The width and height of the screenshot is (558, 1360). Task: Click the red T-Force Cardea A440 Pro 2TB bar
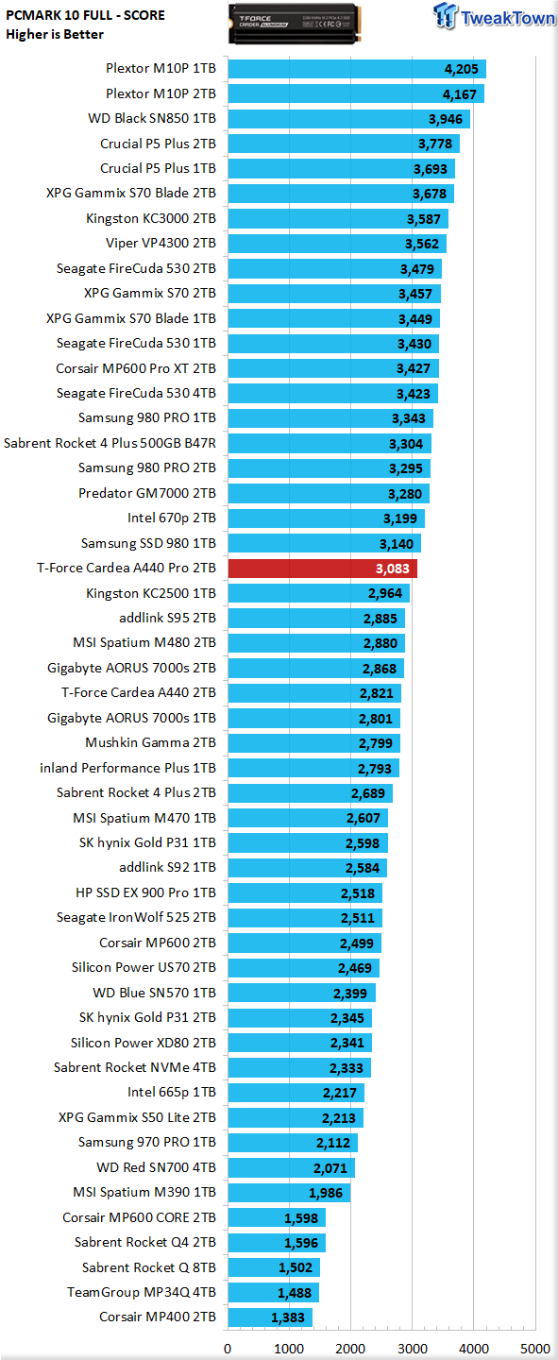(322, 569)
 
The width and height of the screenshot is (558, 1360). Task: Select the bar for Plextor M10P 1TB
(357, 69)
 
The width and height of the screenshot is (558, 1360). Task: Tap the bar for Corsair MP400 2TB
(270, 1317)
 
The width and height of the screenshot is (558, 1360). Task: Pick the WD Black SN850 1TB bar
(349, 119)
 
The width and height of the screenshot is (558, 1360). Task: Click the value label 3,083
(392, 569)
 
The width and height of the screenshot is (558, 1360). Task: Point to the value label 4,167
(460, 94)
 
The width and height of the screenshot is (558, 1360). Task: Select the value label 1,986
(326, 1193)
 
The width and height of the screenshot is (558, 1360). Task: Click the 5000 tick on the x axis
(535, 1349)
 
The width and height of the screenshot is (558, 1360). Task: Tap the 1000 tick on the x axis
(289, 1349)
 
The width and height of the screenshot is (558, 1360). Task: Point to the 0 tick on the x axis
(228, 1349)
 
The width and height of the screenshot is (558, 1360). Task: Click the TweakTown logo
(494, 16)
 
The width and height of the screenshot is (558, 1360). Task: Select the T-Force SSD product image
(295, 24)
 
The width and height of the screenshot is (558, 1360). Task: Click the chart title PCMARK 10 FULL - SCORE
(85, 15)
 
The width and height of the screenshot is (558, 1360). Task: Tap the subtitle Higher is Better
(55, 35)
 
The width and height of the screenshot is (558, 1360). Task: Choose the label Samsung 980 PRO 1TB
(147, 417)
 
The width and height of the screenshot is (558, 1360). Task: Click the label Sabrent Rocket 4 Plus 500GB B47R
(110, 443)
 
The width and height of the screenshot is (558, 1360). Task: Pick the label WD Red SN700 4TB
(156, 1167)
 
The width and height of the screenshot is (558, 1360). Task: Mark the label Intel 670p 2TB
(172, 518)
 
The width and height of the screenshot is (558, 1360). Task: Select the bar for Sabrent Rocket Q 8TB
(274, 1267)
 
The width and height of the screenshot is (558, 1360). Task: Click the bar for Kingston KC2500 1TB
(319, 593)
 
